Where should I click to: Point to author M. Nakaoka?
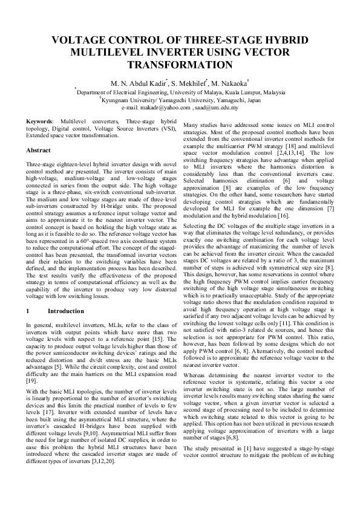pyautogui.click(x=229, y=83)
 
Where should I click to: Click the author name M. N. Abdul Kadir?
pyautogui.click(x=134, y=83)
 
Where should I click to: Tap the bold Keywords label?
pyautogui.click(x=40, y=122)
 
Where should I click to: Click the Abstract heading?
pyautogui.click(x=39, y=150)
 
